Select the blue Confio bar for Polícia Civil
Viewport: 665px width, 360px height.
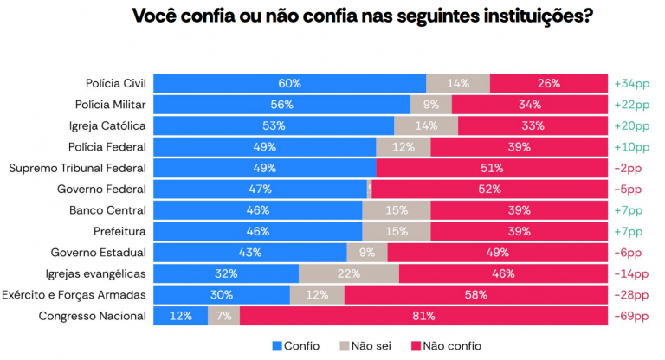point(289,83)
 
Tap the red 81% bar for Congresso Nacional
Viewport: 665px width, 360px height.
point(423,316)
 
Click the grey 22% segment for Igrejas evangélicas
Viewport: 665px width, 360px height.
point(348,273)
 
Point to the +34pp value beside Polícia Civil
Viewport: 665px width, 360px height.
point(631,84)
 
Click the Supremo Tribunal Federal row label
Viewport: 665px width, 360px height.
point(77,168)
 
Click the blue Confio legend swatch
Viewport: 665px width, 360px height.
point(277,346)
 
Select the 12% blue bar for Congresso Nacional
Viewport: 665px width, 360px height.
point(180,316)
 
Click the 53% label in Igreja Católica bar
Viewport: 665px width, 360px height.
point(274,125)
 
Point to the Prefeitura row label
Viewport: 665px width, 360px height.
point(119,231)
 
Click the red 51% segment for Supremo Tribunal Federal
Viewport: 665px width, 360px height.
point(491,168)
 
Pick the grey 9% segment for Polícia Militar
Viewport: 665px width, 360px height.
point(430,105)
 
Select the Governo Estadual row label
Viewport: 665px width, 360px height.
point(98,253)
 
